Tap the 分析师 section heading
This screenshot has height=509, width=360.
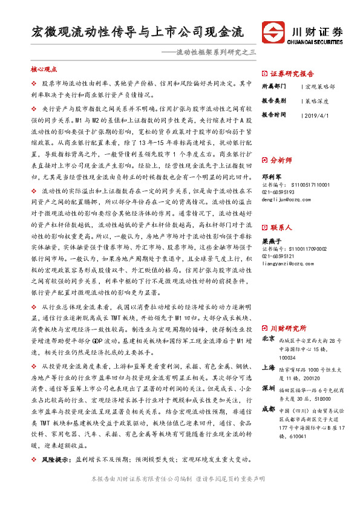click(282, 160)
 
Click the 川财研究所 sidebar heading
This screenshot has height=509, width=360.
click(292, 328)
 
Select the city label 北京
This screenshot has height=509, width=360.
click(267, 340)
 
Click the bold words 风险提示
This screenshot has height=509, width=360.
click(53, 461)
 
